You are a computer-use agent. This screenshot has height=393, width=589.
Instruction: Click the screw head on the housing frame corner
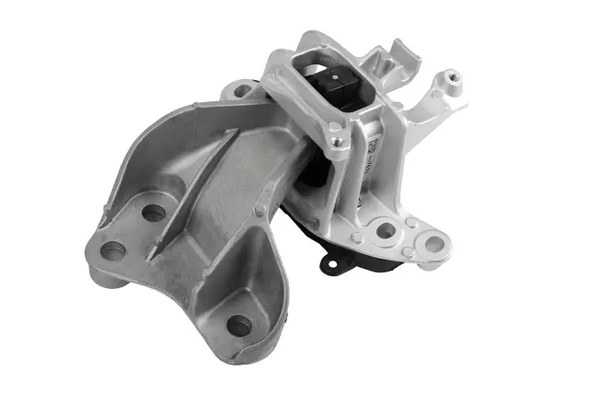pyautogui.click(x=338, y=142)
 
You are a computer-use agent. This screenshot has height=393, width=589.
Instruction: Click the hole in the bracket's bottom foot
pyautogui.click(x=238, y=325)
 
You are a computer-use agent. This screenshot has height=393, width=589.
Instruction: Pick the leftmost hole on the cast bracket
pyautogui.click(x=113, y=249)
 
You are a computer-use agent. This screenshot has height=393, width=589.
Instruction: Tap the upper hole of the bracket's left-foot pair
pyautogui.click(x=154, y=214)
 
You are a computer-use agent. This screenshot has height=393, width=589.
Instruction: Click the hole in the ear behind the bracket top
pyautogui.click(x=243, y=90)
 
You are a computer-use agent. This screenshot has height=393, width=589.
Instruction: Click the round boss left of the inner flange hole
pyautogui.click(x=356, y=238)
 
